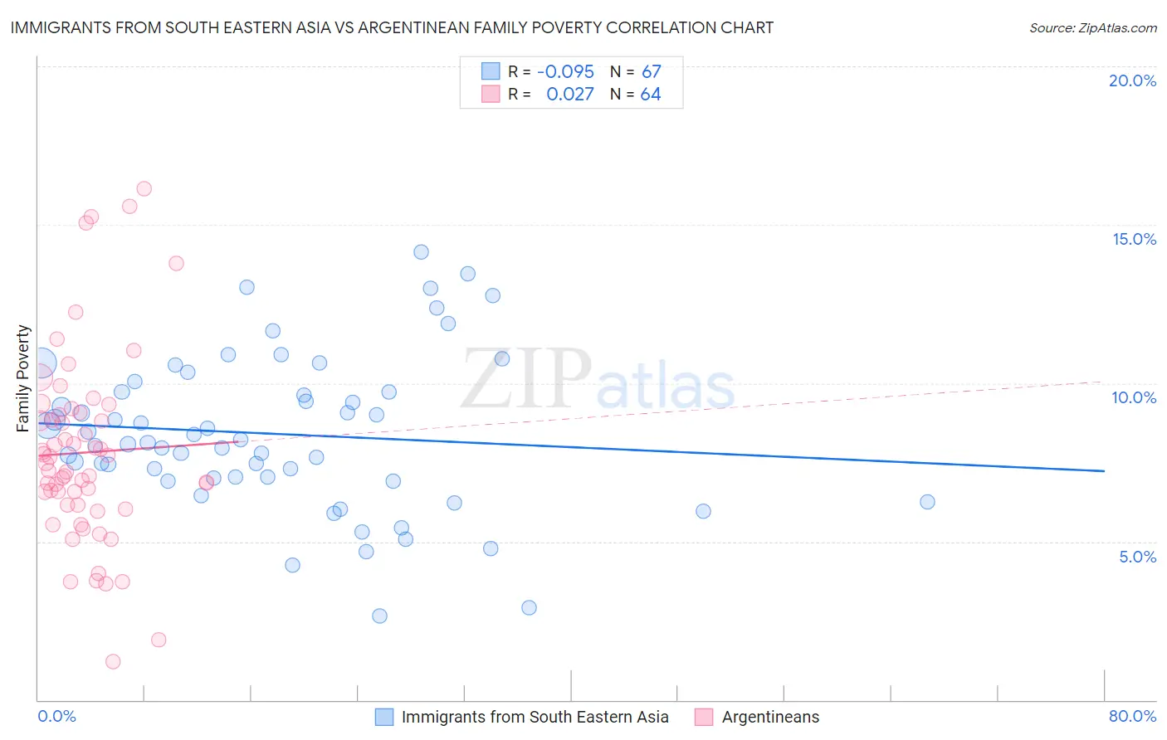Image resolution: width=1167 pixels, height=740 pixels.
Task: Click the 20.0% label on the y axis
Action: (1132, 80)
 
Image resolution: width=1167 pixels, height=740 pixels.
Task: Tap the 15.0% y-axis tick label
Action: (1134, 239)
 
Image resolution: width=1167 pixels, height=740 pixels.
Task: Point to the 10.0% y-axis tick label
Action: (1134, 397)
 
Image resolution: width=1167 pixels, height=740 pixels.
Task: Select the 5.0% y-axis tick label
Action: (1137, 557)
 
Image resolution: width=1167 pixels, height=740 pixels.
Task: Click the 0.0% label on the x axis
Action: (56, 716)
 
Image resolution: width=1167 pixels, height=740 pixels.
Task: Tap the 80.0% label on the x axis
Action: (1132, 716)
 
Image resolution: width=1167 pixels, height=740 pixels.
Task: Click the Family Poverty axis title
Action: (23, 378)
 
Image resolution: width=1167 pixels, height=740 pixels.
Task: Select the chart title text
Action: (392, 27)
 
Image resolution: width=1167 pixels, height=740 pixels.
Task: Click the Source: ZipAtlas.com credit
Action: (1092, 27)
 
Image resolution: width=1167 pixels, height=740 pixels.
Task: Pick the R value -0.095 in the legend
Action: (565, 71)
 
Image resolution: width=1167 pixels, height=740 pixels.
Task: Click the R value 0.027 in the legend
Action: (569, 95)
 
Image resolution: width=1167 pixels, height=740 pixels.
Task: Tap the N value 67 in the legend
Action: (651, 71)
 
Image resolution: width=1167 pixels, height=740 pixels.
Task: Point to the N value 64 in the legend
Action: (651, 95)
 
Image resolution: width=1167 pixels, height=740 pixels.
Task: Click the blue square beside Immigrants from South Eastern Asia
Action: (384, 717)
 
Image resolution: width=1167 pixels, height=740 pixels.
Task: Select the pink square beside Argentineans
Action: (704, 717)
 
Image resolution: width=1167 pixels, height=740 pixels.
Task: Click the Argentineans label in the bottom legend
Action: (769, 717)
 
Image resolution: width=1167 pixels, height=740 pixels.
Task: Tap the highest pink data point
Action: (144, 189)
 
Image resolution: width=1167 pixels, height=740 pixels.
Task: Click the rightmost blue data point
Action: (927, 502)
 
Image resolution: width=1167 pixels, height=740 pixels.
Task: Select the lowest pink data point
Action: (113, 661)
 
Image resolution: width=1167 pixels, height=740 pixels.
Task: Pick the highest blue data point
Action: (421, 252)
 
